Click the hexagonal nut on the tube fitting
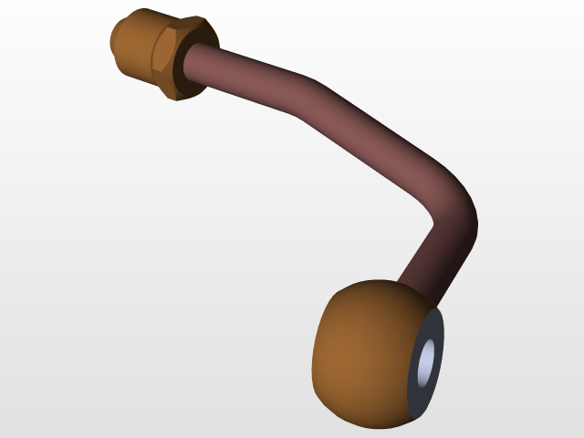[x=179, y=57]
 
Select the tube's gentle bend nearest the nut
[x=306, y=91]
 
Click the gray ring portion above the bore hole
[x=435, y=327]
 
